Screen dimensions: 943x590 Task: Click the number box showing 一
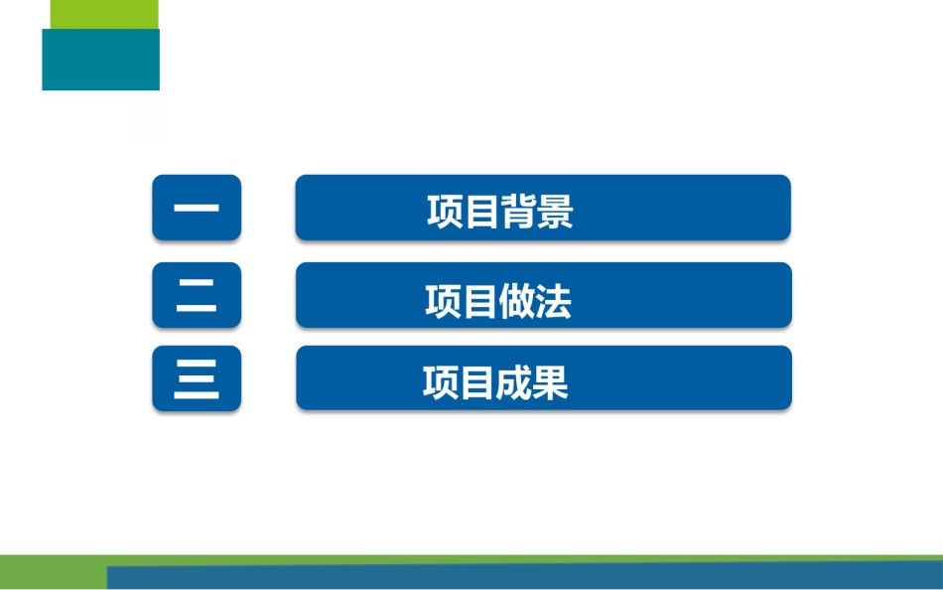click(197, 208)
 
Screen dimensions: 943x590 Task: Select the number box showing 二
click(197, 295)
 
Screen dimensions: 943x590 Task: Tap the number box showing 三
click(197, 378)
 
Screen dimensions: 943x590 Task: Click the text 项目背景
click(500, 212)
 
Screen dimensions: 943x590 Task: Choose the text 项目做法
click(498, 301)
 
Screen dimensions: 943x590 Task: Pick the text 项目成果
click(495, 382)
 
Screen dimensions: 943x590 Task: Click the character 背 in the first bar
click(519, 212)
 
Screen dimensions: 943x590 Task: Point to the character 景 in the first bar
click(556, 212)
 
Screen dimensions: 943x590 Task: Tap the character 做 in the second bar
click(517, 301)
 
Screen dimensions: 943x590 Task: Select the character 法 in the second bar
click(554, 301)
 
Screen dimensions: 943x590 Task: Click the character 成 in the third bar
click(514, 382)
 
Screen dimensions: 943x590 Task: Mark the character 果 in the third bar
click(551, 382)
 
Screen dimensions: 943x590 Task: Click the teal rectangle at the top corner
click(100, 60)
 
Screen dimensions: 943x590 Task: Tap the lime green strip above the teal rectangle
click(104, 15)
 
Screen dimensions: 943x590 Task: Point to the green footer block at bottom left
click(54, 572)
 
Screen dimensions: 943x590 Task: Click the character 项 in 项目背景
click(445, 212)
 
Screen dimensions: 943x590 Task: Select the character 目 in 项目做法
click(479, 301)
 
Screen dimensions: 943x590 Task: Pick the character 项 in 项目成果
click(441, 382)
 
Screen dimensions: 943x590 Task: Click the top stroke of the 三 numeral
click(197, 363)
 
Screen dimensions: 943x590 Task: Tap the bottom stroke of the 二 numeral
click(197, 308)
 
